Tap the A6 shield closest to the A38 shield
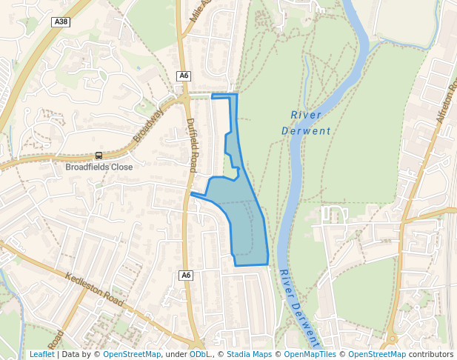[x=184, y=76]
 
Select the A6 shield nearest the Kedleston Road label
[x=186, y=276]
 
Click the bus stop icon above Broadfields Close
[x=99, y=156]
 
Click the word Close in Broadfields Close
[x=123, y=167]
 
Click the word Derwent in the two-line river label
[x=306, y=131]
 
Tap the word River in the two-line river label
[x=306, y=115]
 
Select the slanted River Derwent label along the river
[x=299, y=308]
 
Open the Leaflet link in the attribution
[x=41, y=355]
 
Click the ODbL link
[x=199, y=355]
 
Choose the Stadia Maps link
[x=249, y=355]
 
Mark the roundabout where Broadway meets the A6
[x=184, y=97]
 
